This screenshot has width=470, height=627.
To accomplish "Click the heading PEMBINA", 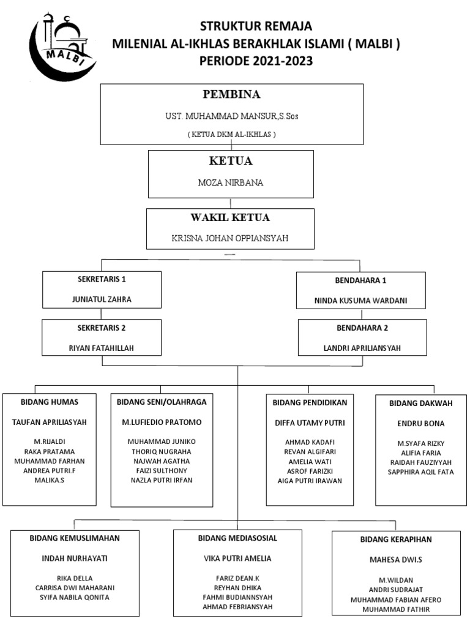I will pyautogui.click(x=231, y=94).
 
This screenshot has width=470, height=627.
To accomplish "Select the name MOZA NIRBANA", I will pyautogui.click(x=231, y=182).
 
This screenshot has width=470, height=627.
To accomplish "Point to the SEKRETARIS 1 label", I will pyautogui.click(x=102, y=279).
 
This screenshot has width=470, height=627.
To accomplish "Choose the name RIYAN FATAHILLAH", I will pyautogui.click(x=102, y=348).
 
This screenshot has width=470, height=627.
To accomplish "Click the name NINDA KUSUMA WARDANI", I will pyautogui.click(x=360, y=301).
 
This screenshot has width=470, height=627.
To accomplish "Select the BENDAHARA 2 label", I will pyautogui.click(x=360, y=328).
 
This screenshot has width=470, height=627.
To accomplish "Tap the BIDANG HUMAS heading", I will pyautogui.click(x=50, y=402).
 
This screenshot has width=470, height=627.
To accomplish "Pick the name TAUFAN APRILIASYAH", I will pyautogui.click(x=50, y=422).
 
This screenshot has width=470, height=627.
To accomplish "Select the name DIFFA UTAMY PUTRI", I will pyautogui.click(x=310, y=422).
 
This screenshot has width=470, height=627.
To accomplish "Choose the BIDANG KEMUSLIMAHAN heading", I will pyautogui.click(x=75, y=538).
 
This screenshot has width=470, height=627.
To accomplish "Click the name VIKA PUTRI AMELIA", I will pyautogui.click(x=237, y=558).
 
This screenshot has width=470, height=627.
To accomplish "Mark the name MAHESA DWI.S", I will pyautogui.click(x=395, y=559).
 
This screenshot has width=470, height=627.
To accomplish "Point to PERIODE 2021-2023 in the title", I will pyautogui.click(x=256, y=61).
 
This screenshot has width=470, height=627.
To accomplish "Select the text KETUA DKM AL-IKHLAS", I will pyautogui.click(x=231, y=133).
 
